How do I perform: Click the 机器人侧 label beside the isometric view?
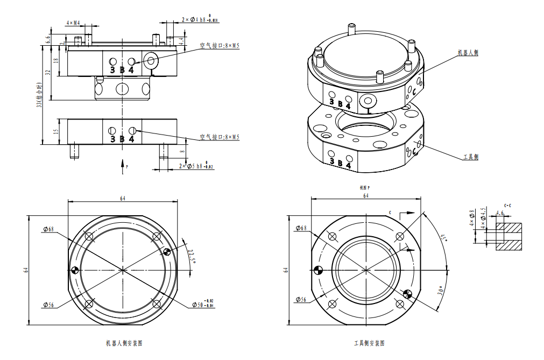[468, 53]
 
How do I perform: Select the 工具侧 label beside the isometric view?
[471, 157]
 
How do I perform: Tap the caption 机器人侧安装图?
[124, 343]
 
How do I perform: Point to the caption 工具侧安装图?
[369, 343]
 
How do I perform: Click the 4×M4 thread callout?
[73, 23]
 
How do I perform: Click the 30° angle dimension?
[440, 291]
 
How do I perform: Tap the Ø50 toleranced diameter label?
[204, 305]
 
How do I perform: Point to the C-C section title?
[507, 206]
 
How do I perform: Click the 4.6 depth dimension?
[499, 214]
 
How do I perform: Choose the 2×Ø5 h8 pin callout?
[196, 166]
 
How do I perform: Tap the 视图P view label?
[365, 188]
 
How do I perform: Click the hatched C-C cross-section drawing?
[508, 236]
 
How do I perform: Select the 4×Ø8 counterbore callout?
[472, 218]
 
